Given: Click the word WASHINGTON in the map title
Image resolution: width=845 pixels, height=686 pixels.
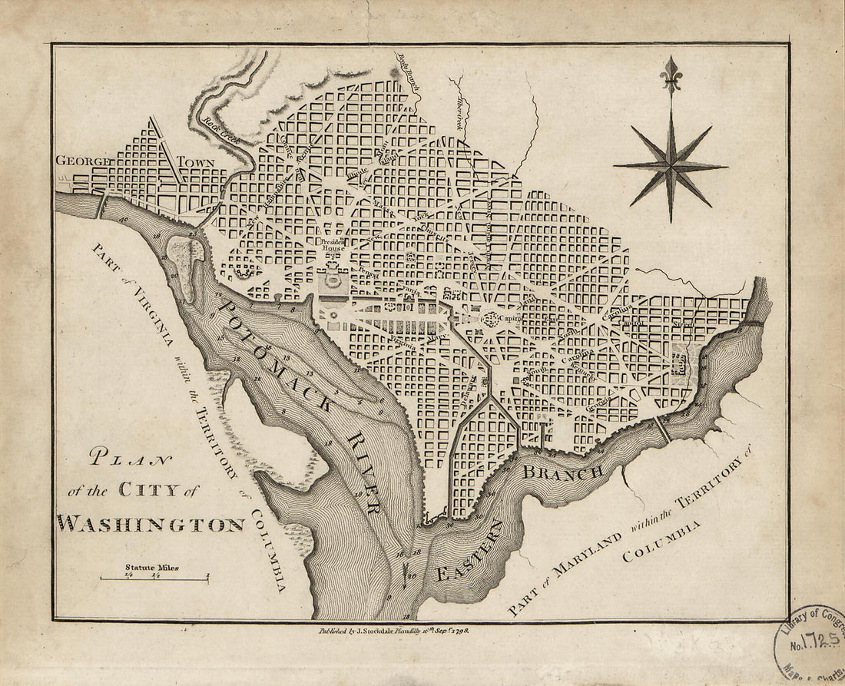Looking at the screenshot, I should click(151, 524).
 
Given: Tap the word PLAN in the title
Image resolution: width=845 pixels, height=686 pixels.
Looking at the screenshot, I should click(131, 462).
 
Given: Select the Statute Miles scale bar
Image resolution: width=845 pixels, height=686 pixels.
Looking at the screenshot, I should click(154, 575).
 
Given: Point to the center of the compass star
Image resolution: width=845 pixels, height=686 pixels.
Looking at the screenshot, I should click(671, 165).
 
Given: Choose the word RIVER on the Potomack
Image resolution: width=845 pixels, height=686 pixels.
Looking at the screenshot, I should click(363, 472).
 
